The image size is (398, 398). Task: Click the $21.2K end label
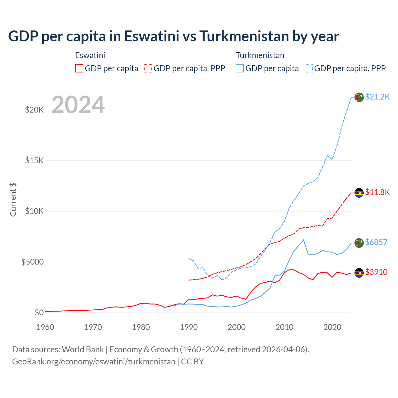tap(377, 97)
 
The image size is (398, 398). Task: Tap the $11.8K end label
tap(377, 192)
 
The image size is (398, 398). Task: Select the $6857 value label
tap(376, 242)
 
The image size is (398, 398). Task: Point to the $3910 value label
tap(376, 272)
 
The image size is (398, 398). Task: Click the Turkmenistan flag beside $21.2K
tap(359, 97)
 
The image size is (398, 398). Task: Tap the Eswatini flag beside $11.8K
tap(359, 193)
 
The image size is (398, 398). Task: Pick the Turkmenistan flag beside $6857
tap(359, 243)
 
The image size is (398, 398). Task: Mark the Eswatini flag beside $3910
tap(359, 273)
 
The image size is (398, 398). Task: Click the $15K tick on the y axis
tap(35, 160)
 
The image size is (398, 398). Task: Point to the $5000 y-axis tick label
tap(32, 262)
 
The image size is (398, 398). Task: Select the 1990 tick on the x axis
tap(189, 327)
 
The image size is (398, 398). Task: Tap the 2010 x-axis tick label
tap(285, 327)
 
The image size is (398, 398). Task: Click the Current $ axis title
tap(13, 200)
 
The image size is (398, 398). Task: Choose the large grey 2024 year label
tap(78, 105)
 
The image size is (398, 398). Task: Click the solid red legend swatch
tap(79, 68)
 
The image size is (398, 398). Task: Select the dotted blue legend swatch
tap(309, 68)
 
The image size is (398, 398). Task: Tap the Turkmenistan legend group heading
tap(260, 55)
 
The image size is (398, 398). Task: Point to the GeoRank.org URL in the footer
tap(94, 362)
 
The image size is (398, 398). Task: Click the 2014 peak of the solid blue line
tap(303, 240)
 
